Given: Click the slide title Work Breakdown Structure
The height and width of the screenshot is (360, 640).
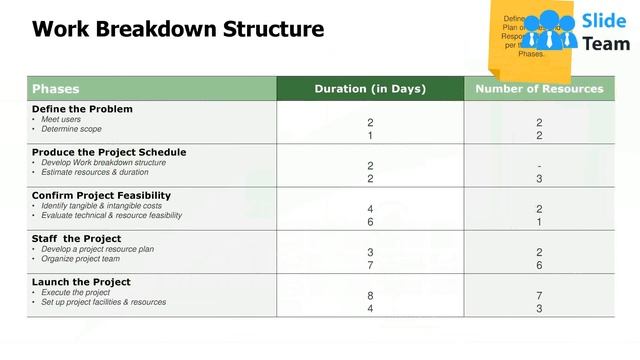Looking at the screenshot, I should [x=178, y=30].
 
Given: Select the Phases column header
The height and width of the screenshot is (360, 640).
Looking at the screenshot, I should [x=56, y=89].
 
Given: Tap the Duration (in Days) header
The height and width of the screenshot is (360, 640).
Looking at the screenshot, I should [x=370, y=89].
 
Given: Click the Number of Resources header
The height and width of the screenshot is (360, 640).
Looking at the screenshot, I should [x=539, y=89].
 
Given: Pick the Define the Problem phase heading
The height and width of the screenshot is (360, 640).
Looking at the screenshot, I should [x=82, y=109].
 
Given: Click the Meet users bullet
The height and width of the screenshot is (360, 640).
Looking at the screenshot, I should [x=63, y=120].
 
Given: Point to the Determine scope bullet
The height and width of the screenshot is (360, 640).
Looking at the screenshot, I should [x=71, y=130].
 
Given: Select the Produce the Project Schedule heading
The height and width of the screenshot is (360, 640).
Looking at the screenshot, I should [x=109, y=152].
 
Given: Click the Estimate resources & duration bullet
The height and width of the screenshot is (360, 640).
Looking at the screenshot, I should [x=95, y=173].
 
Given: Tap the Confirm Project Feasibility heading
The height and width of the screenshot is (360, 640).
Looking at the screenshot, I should [x=101, y=195].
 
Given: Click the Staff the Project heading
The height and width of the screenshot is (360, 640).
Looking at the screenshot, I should [x=76, y=239].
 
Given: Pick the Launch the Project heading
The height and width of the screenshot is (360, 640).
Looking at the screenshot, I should [x=81, y=282].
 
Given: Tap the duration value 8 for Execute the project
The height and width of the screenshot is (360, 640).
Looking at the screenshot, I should [x=370, y=296].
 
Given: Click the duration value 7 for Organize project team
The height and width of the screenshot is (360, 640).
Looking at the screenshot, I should [x=370, y=265].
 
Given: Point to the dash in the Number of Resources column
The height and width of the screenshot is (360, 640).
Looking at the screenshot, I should [x=539, y=166].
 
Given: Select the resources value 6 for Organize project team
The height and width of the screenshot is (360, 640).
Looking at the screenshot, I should [x=539, y=265].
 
